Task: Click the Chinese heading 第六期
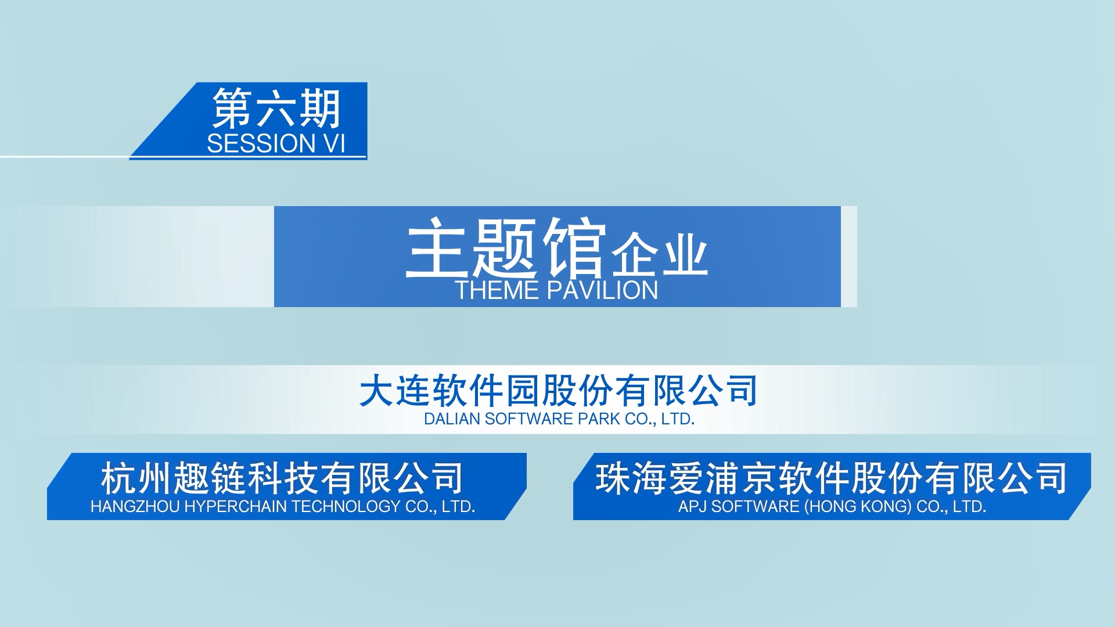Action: click(276, 109)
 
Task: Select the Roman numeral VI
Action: click(334, 143)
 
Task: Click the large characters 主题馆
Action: click(506, 248)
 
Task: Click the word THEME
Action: click(496, 290)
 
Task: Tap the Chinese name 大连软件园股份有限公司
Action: click(558, 391)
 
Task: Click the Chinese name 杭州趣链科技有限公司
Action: click(282, 478)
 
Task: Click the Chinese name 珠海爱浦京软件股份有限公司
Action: click(832, 478)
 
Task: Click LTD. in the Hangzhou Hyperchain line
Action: click(459, 506)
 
